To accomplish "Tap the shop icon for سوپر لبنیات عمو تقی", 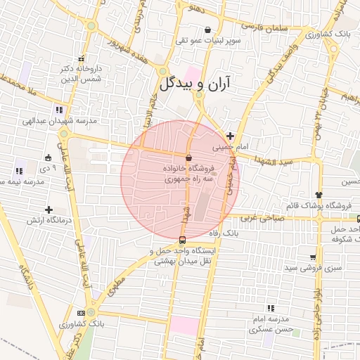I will pyautogui.click(x=207, y=30).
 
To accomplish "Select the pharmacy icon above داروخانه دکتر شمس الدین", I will pyautogui.click(x=82, y=59).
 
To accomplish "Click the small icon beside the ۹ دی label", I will pyautogui.click(x=48, y=157).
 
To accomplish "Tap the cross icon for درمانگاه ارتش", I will pyautogui.click(x=49, y=210).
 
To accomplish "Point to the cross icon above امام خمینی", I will pyautogui.click(x=230, y=135).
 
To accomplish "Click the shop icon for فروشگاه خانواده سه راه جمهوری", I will pyautogui.click(x=188, y=157).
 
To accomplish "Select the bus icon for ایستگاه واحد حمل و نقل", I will pyautogui.click(x=183, y=240).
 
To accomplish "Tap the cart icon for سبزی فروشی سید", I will pyautogui.click(x=312, y=257).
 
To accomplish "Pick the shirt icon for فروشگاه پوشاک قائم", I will pyautogui.click(x=319, y=195).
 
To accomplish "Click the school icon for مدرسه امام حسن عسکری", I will pyautogui.click(x=271, y=308).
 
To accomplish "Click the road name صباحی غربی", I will pyautogui.click(x=260, y=217).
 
